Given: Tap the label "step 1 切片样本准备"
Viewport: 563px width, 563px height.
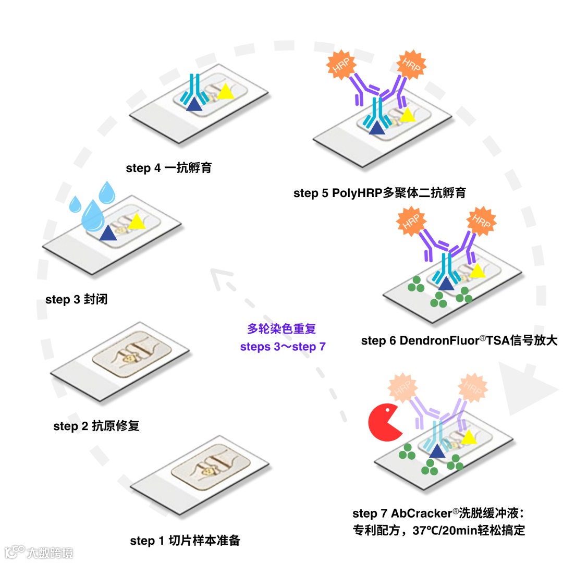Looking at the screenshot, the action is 185,541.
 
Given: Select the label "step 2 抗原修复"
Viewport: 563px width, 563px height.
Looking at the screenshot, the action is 96,426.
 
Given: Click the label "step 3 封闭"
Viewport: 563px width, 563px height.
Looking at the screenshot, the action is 77,300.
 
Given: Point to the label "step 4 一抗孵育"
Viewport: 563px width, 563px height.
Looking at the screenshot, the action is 169,168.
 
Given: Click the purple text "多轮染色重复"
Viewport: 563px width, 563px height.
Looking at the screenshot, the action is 282,329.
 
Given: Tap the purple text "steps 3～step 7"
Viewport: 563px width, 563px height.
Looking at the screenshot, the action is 283,346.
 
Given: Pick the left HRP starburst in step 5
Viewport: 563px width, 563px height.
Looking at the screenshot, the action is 340,65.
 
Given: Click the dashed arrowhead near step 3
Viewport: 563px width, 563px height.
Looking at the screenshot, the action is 223,279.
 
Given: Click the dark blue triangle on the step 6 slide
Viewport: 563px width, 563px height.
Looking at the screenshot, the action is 446,284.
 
